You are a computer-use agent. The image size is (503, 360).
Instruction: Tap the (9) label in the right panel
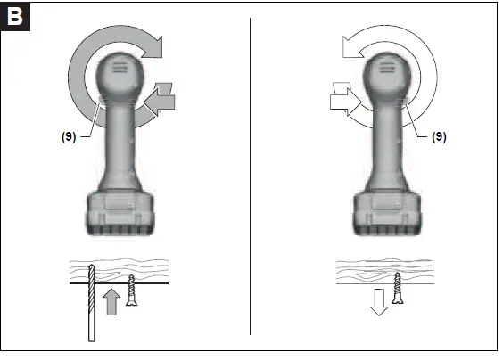click(x=439, y=137)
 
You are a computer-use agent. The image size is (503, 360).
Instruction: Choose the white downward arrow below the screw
click(x=379, y=302)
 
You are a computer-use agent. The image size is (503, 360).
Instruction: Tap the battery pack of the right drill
click(x=388, y=214)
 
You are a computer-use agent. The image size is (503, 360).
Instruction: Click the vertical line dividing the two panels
click(x=251, y=178)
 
